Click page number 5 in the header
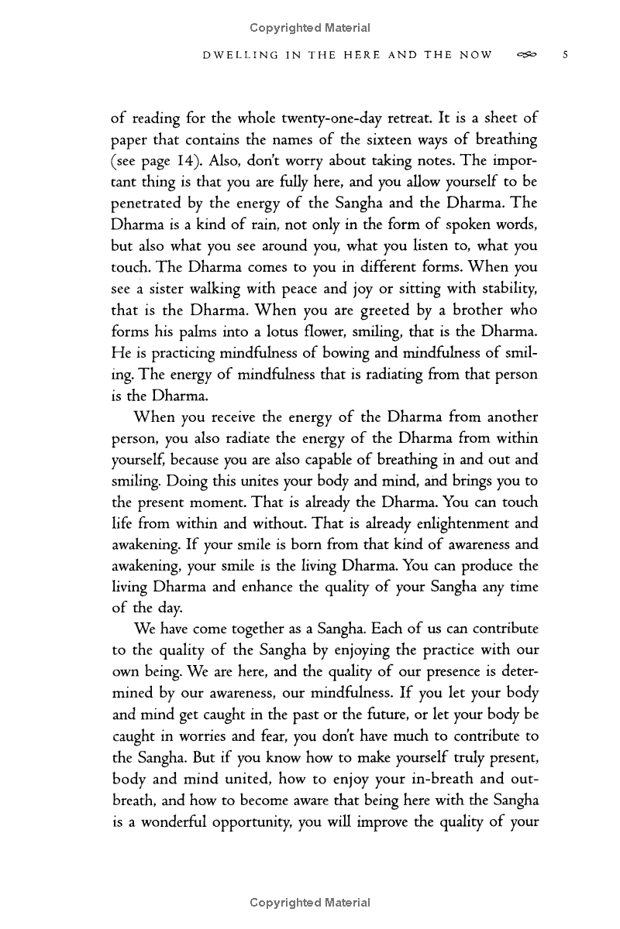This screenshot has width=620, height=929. [567, 55]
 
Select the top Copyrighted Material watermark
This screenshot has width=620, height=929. [310, 28]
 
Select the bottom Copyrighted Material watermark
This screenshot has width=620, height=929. [310, 903]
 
